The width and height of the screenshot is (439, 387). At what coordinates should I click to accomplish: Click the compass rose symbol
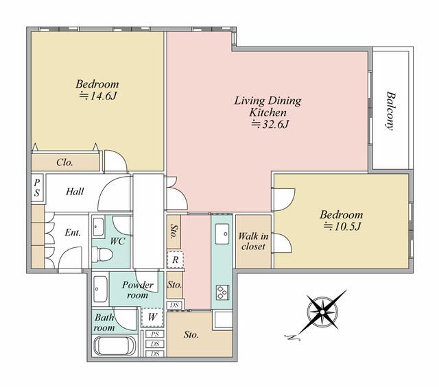pos(322,312)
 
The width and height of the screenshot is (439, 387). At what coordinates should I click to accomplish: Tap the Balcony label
pos(391,111)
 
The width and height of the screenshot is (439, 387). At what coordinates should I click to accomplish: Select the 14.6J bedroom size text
pos(97,96)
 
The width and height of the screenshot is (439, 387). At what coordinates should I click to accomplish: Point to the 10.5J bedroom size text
pos(342,227)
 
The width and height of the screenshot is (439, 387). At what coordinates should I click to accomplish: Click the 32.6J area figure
pos(270,124)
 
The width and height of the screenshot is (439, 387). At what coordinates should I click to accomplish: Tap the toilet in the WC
pos(102,254)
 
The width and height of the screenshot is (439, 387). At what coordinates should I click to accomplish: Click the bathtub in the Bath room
pos(115,346)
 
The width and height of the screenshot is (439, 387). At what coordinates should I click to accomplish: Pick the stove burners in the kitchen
pos(222,292)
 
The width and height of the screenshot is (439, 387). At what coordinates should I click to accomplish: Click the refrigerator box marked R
pos(176,260)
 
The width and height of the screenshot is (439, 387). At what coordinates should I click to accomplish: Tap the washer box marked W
pos(152,317)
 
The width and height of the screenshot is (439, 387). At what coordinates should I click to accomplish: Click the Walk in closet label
pos(253,241)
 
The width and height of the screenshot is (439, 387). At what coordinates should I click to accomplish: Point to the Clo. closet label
pos(64,162)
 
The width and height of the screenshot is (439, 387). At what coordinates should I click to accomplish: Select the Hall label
pos(75,192)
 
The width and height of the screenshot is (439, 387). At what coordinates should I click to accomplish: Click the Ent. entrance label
pos(73,232)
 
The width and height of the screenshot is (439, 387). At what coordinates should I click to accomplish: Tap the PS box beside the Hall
pos(37,188)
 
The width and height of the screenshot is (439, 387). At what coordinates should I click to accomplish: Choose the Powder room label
pos(138,290)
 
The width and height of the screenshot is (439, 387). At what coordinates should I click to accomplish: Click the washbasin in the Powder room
pos(100,289)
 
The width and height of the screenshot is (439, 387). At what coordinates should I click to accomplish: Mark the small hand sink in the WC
pos(98,227)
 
